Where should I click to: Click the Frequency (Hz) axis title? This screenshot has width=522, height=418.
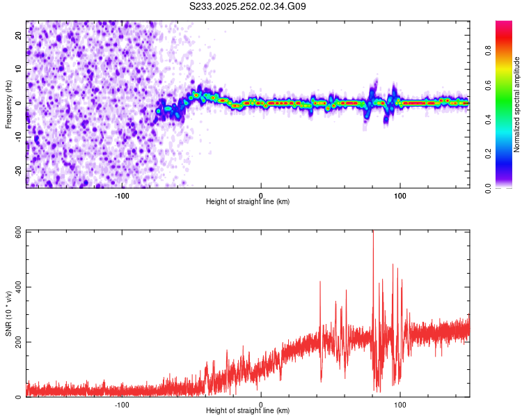tap(8, 103)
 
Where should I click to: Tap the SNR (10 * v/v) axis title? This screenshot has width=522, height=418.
tap(8, 313)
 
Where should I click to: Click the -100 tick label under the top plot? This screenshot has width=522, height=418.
tap(122, 195)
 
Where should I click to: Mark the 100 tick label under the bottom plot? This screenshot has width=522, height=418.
tap(400, 404)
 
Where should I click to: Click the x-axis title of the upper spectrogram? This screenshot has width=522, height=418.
tap(248, 202)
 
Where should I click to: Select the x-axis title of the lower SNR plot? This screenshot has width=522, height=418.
tap(248, 411)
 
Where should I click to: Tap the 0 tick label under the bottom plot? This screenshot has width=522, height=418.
tap(261, 404)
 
